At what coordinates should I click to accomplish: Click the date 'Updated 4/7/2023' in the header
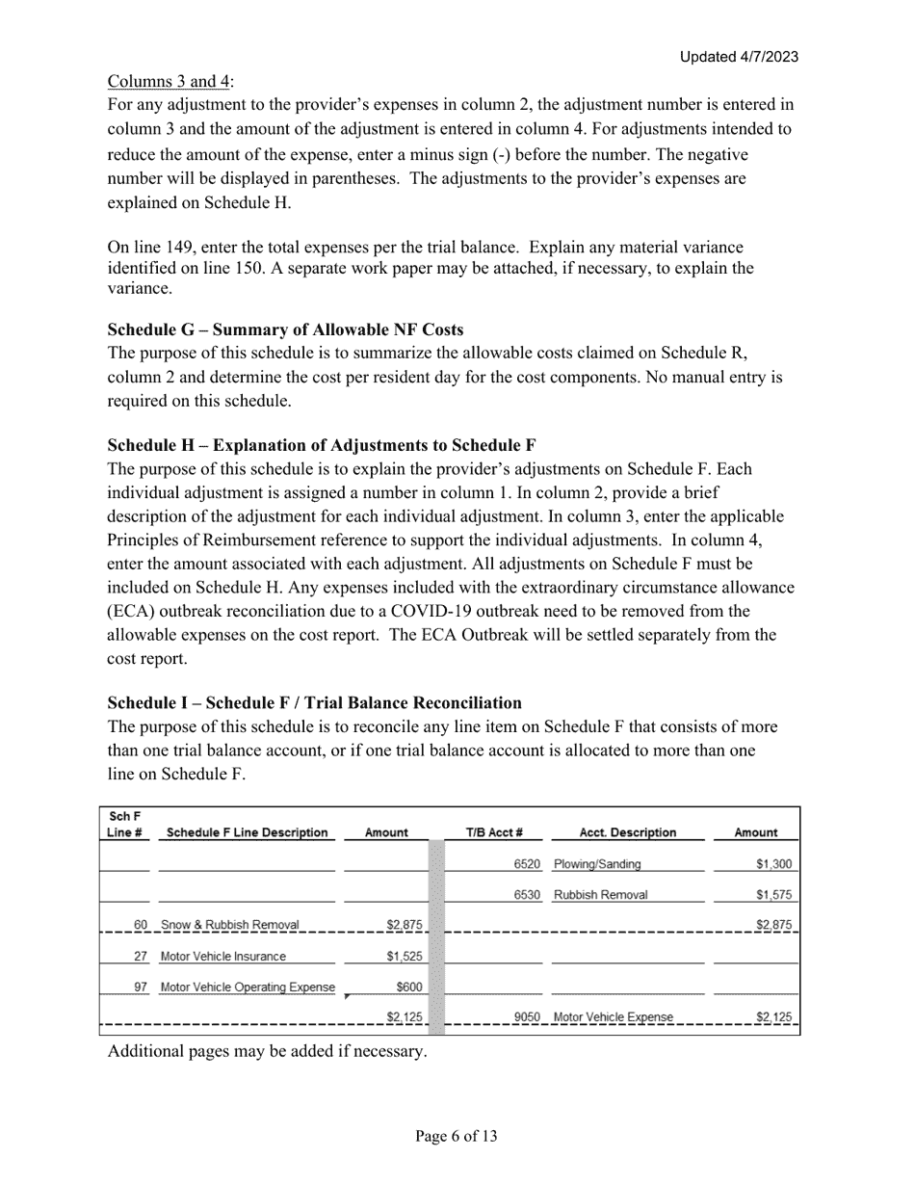tap(739, 57)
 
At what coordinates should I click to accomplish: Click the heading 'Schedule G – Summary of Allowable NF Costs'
tap(285, 329)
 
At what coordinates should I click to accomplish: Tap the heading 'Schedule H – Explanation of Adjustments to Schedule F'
tap(322, 445)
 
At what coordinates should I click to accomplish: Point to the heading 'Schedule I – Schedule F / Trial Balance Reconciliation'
tap(315, 702)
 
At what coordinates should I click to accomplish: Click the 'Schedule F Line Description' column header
tap(247, 832)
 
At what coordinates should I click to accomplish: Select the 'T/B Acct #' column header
tap(494, 832)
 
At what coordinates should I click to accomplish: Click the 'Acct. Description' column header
tap(628, 832)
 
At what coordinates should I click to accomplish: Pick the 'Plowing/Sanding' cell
tap(597, 864)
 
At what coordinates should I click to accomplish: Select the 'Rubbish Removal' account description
tap(601, 894)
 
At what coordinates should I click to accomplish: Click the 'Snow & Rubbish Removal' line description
tap(229, 925)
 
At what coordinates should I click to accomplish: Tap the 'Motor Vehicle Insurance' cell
tap(223, 957)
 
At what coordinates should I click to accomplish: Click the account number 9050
tap(527, 1016)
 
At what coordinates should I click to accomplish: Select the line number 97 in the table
tap(141, 987)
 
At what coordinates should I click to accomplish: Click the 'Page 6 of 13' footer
tap(457, 1137)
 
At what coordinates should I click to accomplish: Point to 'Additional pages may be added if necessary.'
tap(267, 1051)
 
